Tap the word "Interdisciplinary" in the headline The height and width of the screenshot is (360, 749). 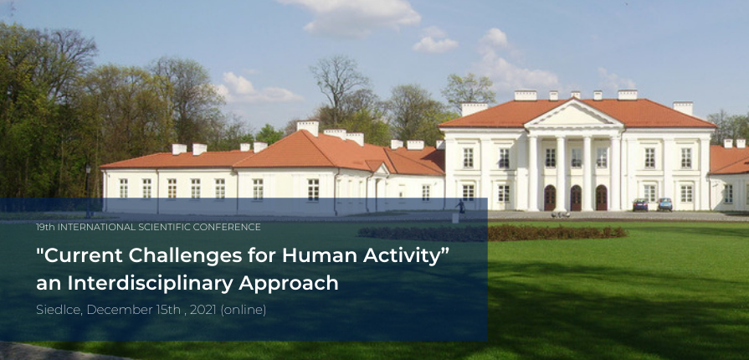click(150, 283)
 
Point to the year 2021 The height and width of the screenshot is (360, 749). click(203, 310)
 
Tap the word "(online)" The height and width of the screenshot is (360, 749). click(244, 310)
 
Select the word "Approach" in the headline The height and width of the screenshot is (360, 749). click(289, 284)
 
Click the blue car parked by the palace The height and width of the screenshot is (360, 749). click(664, 204)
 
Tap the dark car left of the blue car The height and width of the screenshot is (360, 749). click(640, 205)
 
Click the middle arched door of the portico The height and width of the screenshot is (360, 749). click(576, 198)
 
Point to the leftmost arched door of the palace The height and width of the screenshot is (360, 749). click(550, 198)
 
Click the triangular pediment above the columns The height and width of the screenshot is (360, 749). click(574, 116)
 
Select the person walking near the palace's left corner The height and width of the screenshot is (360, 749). click(461, 207)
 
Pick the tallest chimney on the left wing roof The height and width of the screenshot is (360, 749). click(308, 127)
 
